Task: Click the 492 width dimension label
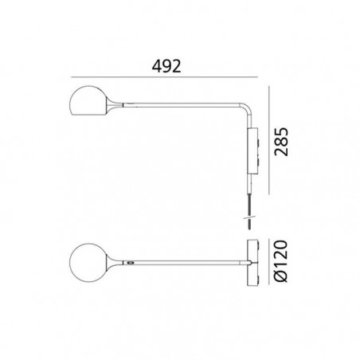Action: click(x=166, y=66)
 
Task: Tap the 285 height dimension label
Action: click(x=281, y=142)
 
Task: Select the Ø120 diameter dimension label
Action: click(x=281, y=261)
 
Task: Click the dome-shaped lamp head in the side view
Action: click(x=88, y=101)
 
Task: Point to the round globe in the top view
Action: click(x=88, y=263)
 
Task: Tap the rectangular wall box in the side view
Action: click(x=252, y=151)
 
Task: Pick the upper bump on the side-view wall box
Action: click(x=259, y=142)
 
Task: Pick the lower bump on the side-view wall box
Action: click(x=259, y=162)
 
